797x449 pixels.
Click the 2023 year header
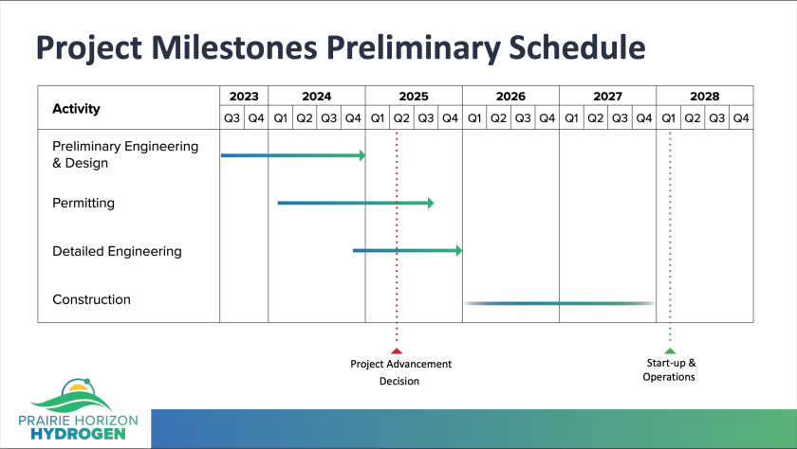(244, 96)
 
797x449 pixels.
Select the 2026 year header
(510, 96)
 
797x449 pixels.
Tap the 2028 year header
(704, 96)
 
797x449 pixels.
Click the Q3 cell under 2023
(232, 118)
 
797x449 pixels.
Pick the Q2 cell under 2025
(401, 118)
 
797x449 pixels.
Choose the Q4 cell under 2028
(741, 118)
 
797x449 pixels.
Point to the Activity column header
(76, 108)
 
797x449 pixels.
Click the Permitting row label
(83, 203)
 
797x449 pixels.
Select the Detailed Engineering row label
(117, 251)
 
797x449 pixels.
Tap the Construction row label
(91, 299)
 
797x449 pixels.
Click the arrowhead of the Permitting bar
(430, 203)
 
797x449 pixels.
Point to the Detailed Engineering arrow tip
(458, 251)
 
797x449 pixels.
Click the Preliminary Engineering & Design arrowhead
(361, 155)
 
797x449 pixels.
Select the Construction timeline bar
(560, 303)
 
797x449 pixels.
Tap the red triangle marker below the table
(397, 350)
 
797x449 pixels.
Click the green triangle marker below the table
(670, 350)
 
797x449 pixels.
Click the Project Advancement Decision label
(400, 372)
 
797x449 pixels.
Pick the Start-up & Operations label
(669, 369)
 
